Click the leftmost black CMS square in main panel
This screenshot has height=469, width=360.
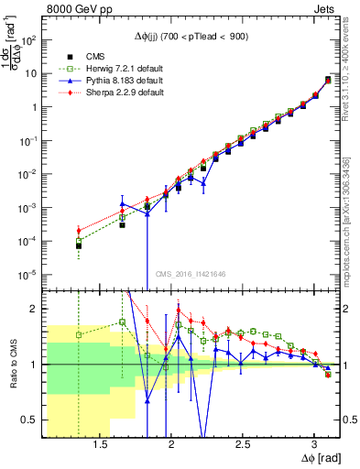pos(79,245)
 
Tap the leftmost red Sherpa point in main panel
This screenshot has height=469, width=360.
pos(79,230)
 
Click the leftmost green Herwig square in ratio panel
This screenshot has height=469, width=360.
pos(79,335)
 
